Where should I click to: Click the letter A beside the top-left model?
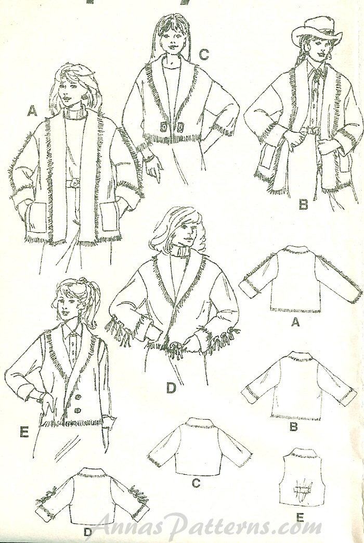pos(32,110)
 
